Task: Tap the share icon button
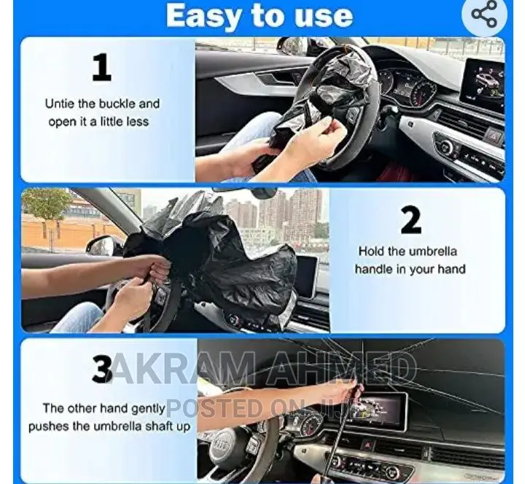point(484,15)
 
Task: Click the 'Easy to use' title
point(259,15)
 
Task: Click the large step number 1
point(102,68)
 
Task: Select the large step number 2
point(411,220)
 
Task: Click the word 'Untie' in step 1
point(60,104)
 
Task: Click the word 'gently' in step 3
point(146,408)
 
